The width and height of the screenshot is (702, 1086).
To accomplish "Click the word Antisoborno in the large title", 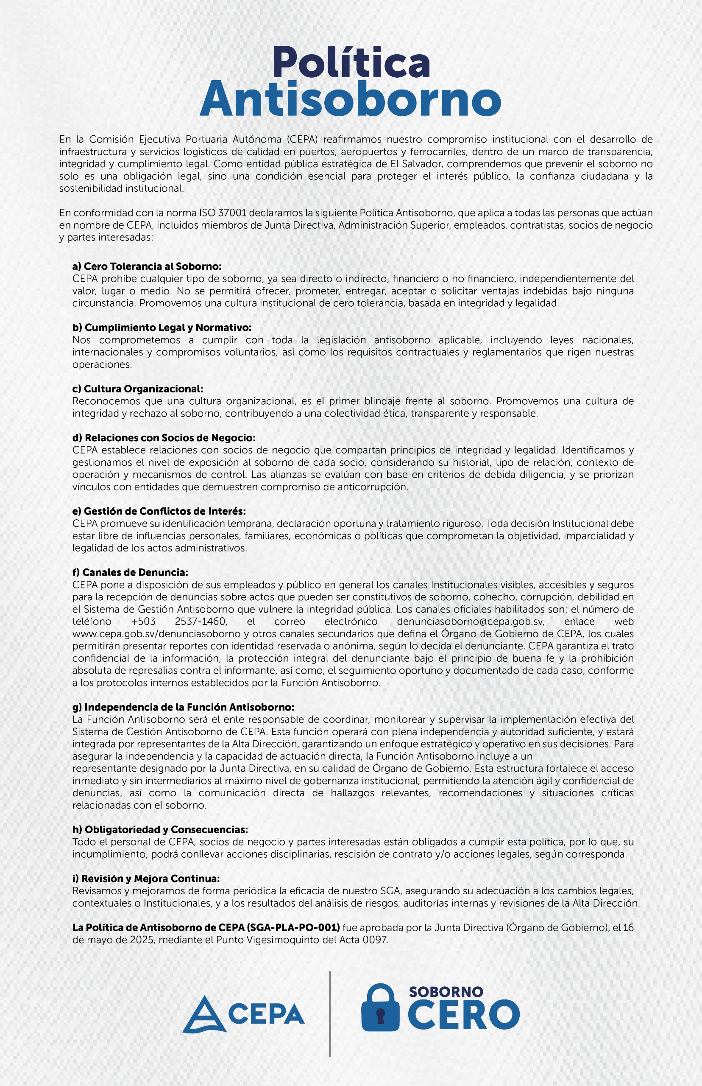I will (x=350, y=99).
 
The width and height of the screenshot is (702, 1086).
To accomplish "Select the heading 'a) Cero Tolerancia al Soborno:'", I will (x=147, y=266).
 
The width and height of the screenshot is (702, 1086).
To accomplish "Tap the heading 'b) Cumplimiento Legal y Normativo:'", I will (x=162, y=327).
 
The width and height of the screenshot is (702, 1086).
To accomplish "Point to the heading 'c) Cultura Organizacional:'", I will (x=138, y=389).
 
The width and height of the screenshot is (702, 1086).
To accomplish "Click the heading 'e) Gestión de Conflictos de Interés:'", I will (x=159, y=511).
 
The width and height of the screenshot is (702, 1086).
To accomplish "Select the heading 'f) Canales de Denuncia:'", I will (x=131, y=572).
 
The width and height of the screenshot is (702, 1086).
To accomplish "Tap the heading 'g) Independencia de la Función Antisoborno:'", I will (x=183, y=707).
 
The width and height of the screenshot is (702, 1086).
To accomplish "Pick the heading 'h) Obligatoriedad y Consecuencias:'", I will (x=160, y=830).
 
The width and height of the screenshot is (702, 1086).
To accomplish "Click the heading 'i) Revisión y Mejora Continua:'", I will (x=146, y=879).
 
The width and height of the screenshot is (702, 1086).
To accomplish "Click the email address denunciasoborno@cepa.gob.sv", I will (x=471, y=621).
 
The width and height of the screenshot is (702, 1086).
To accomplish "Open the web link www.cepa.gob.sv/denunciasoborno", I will (x=156, y=634).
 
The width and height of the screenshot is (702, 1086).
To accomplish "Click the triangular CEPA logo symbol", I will (x=204, y=1014).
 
